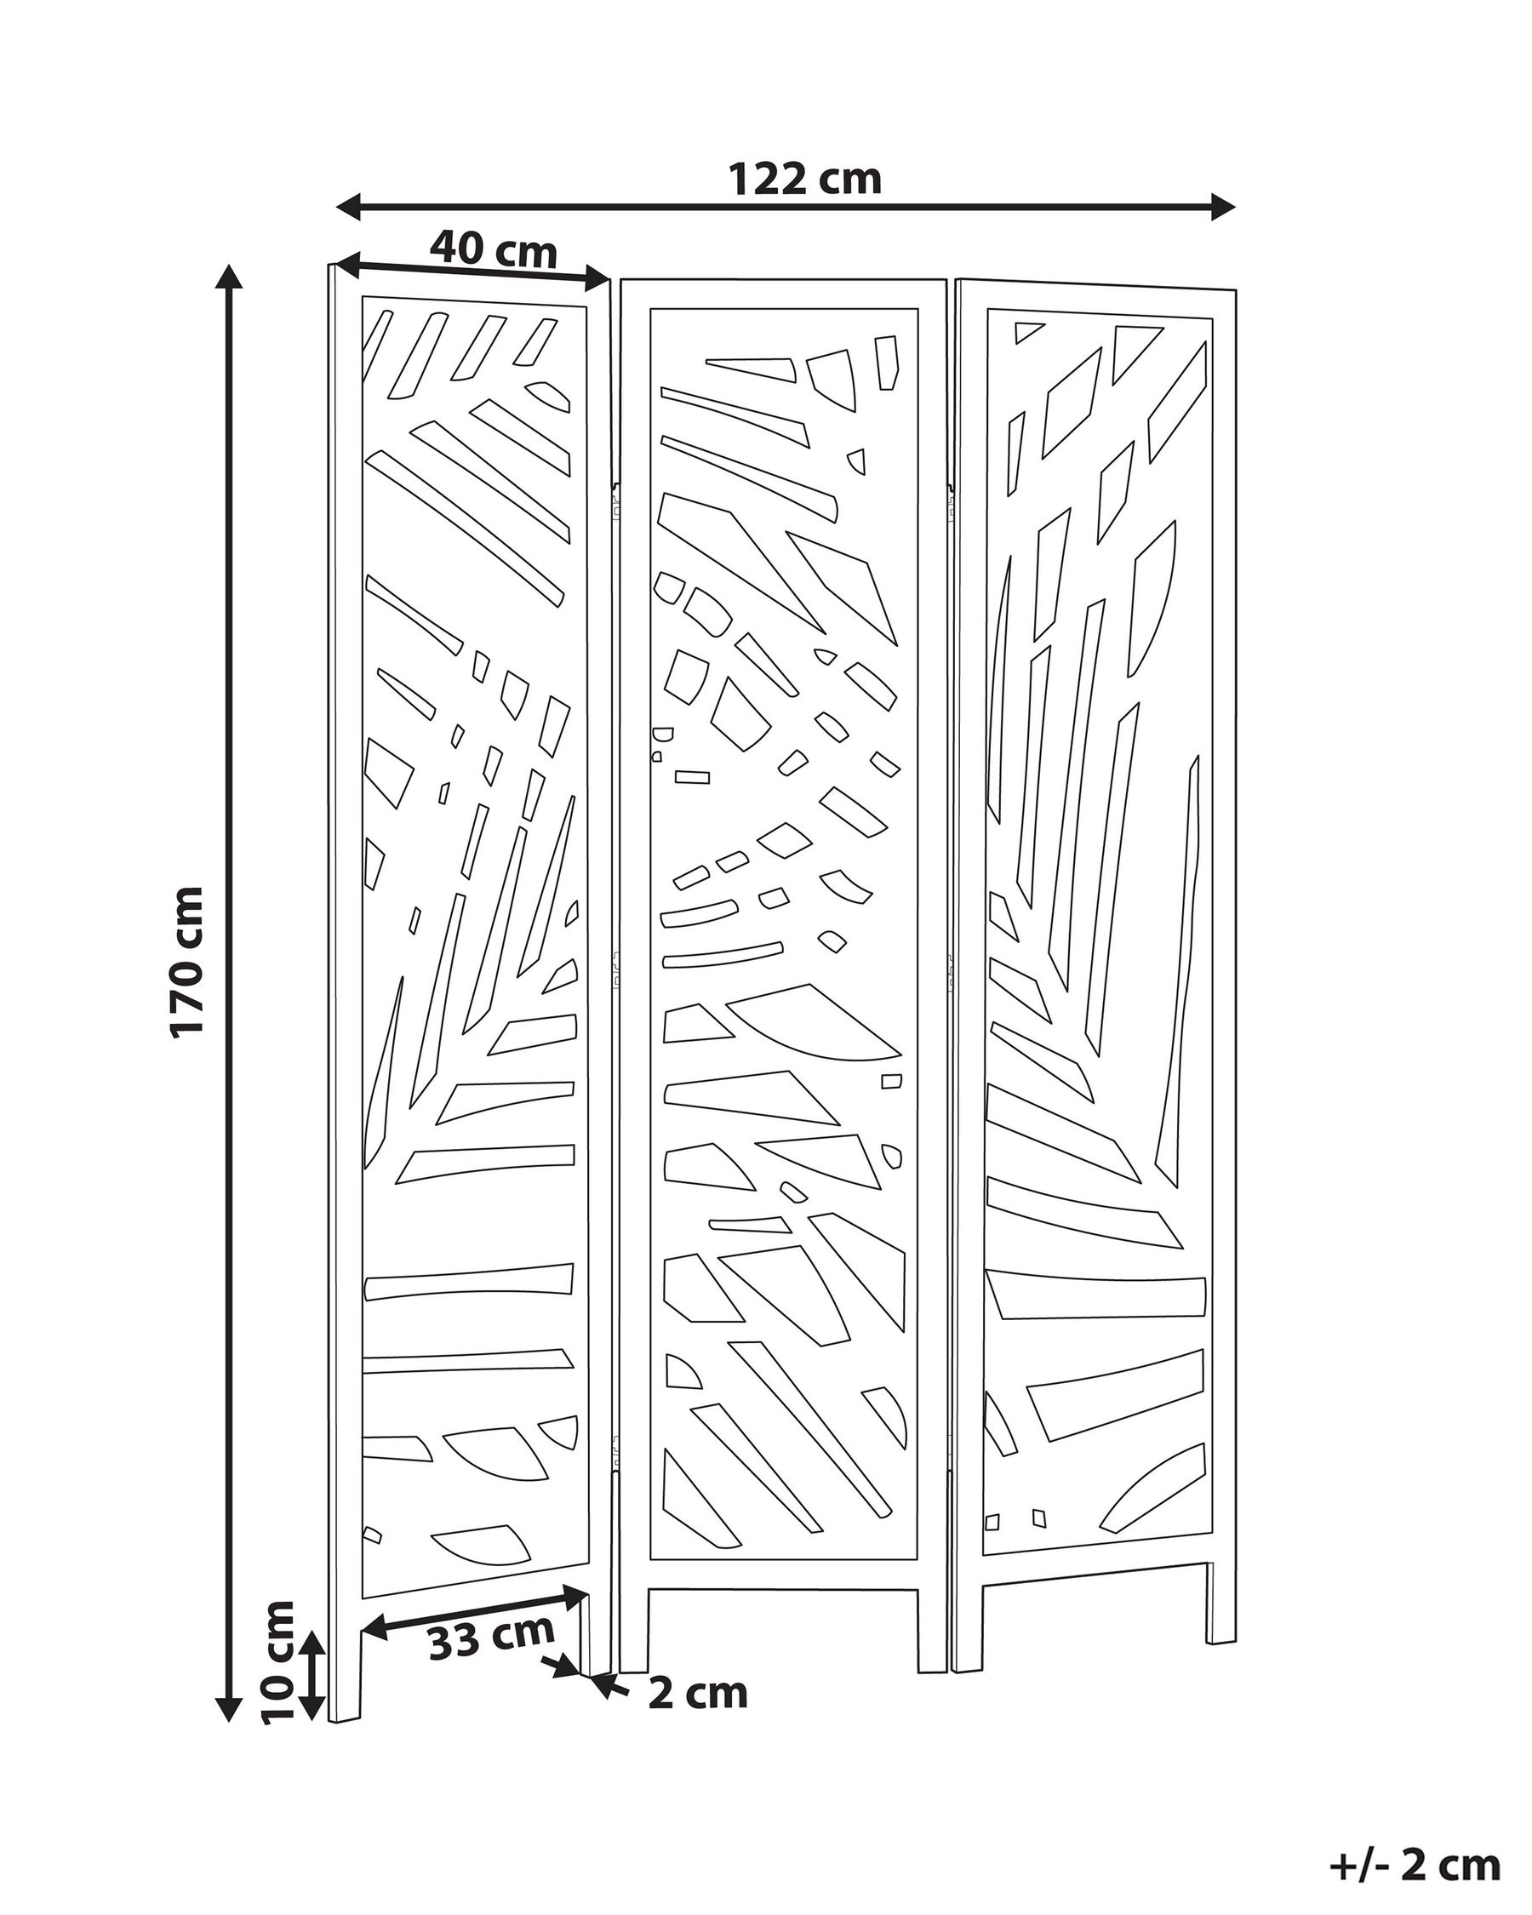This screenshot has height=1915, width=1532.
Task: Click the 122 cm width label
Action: point(804,180)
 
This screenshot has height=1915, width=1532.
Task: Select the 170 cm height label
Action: point(187,961)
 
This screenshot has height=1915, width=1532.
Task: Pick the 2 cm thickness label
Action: point(698,1693)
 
